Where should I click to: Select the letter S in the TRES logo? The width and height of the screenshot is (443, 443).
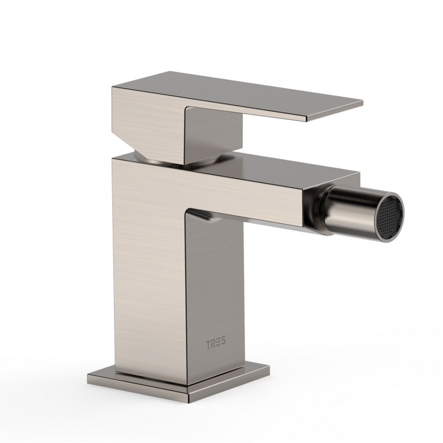tap(223, 341)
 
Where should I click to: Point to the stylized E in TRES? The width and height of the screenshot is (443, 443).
tap(219, 343)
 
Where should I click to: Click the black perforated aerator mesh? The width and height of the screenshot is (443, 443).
tap(390, 214)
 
